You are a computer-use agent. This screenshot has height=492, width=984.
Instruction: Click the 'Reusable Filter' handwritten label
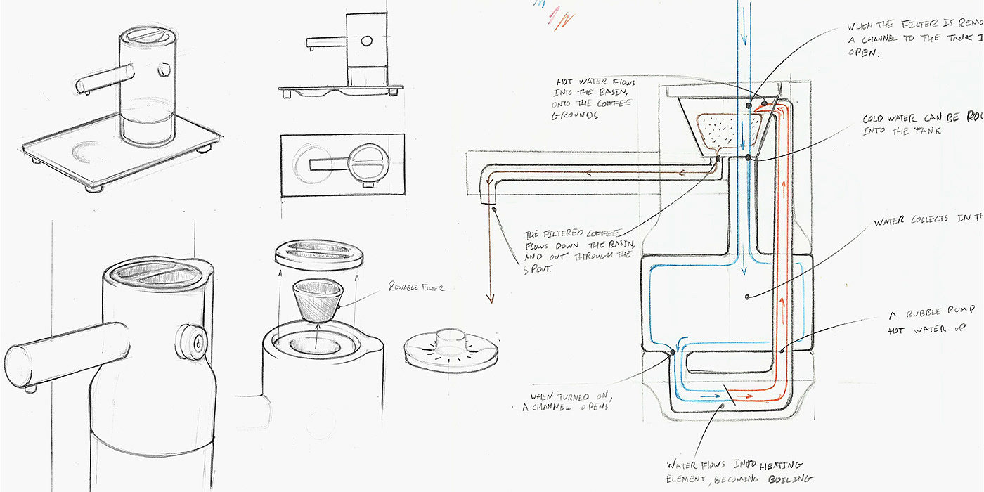point(415,287)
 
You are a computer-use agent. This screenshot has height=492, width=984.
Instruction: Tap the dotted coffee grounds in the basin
point(728,129)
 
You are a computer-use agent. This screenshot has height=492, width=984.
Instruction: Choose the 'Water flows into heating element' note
point(738,471)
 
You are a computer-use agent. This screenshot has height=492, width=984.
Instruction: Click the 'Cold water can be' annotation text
point(921,124)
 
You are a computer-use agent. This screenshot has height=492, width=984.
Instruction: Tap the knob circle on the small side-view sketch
point(366,41)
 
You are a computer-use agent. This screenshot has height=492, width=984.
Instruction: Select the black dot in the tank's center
point(747,297)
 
